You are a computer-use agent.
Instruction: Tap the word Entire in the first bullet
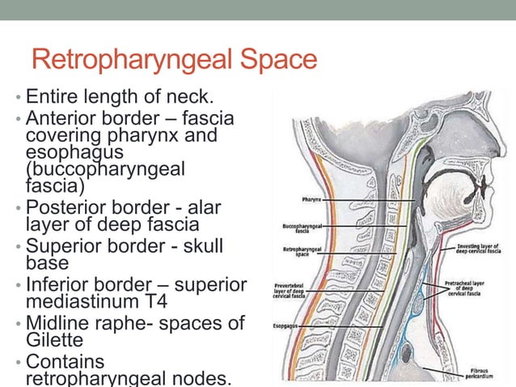[x=52, y=98]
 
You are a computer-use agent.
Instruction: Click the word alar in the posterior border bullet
[x=207, y=206]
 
